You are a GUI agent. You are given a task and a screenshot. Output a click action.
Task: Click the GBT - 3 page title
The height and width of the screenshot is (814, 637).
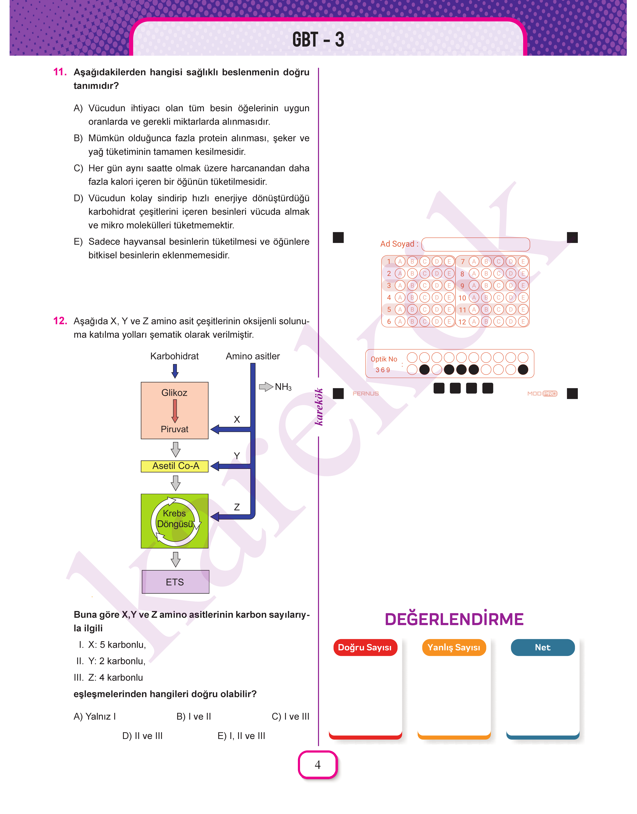pos(318,40)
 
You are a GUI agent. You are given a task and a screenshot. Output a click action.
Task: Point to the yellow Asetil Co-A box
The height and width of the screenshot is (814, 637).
pos(175,466)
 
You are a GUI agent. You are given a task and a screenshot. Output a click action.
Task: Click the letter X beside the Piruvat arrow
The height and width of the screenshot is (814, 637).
pos(237,419)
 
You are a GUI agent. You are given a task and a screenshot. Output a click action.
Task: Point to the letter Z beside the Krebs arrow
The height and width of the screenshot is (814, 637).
pos(237,507)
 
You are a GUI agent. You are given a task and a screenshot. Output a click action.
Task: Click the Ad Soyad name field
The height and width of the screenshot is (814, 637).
pos(476,244)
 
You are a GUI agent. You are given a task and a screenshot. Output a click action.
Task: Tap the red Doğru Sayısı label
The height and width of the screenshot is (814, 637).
pos(365,647)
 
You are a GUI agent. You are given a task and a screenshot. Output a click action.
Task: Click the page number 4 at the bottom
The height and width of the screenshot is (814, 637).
pos(318,765)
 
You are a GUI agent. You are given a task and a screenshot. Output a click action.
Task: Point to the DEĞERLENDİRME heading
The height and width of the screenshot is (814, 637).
pos(454,619)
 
